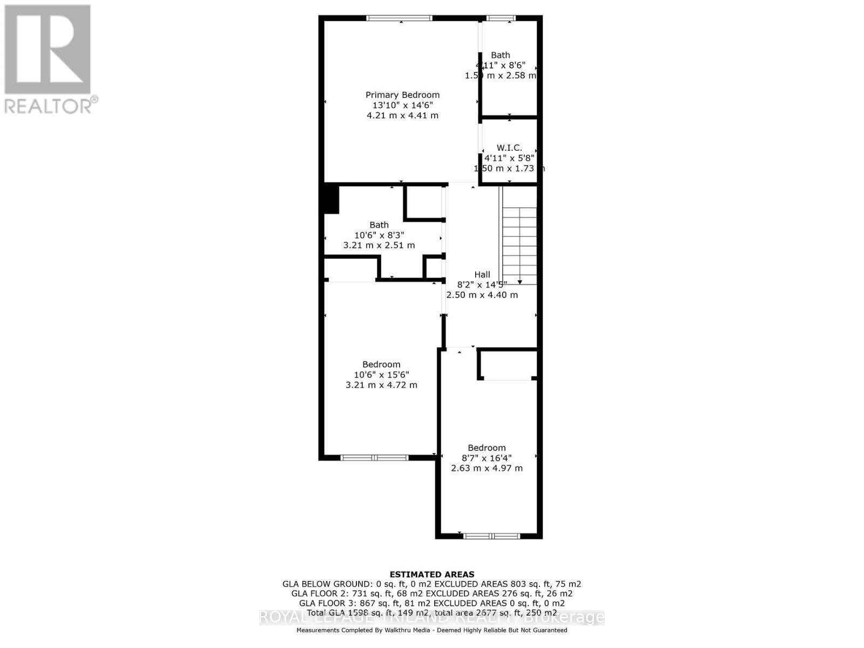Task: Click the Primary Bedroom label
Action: [x=402, y=95]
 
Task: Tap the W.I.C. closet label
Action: [x=509, y=147]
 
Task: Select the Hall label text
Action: [x=482, y=274]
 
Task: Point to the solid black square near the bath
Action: [x=330, y=199]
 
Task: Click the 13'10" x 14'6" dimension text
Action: [x=402, y=105]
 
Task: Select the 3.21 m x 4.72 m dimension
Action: [x=381, y=385]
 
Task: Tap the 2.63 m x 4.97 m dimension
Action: [x=487, y=468]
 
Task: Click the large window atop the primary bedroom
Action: [x=400, y=18]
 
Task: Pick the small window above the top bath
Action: [x=501, y=18]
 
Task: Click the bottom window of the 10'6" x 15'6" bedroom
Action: [x=374, y=457]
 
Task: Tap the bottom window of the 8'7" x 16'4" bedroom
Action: [x=491, y=536]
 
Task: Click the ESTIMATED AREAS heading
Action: [x=432, y=575]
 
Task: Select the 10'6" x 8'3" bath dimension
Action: [x=379, y=235]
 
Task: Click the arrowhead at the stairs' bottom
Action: [x=519, y=282]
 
